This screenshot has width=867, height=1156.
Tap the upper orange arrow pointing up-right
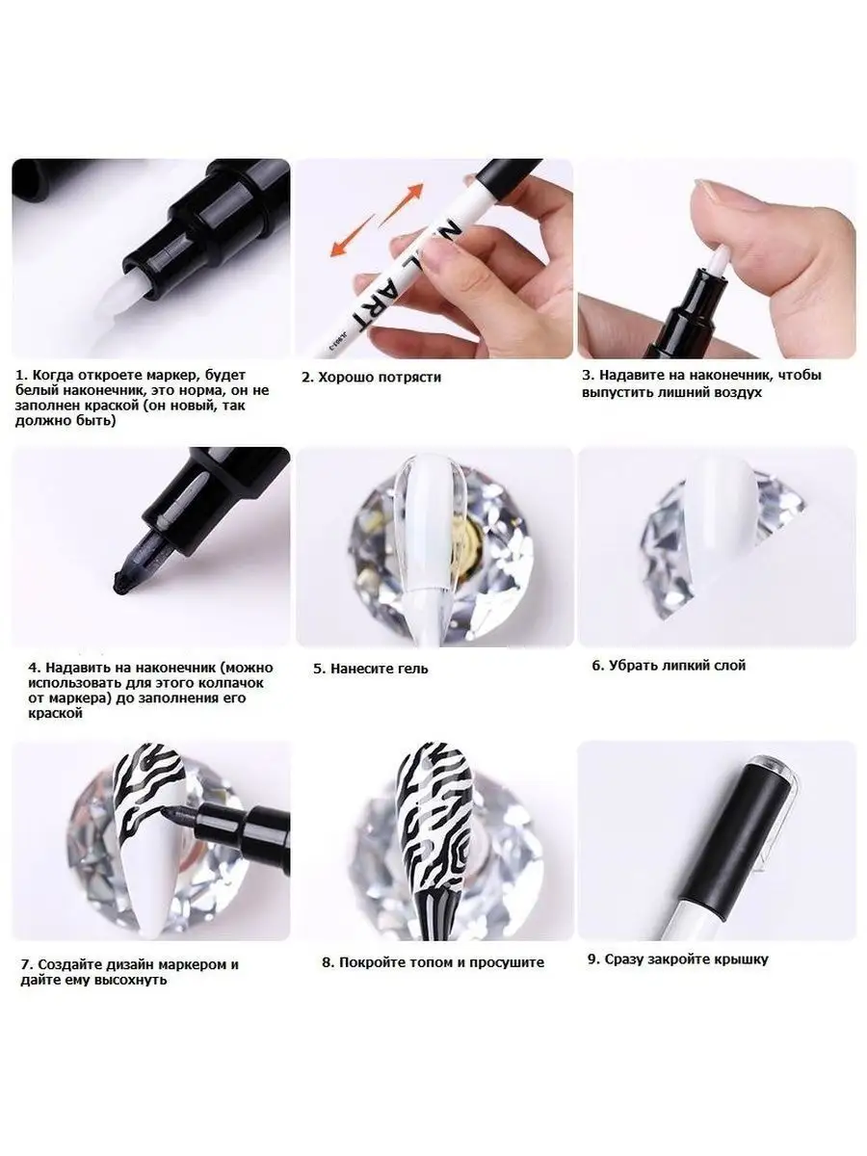402,204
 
